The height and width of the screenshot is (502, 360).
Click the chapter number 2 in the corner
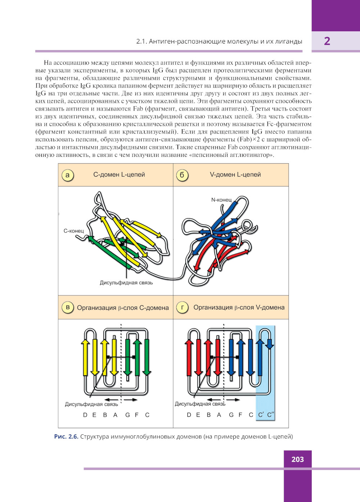click(327, 41)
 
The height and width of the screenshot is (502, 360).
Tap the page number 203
click(297, 459)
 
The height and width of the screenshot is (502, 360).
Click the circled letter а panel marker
click(67, 175)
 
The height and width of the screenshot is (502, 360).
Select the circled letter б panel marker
click(182, 175)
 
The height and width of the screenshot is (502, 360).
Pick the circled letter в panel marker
click(68, 307)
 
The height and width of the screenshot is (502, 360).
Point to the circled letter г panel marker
click(182, 307)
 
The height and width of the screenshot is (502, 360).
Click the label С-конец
click(73, 231)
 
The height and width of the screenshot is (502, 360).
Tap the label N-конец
click(221, 200)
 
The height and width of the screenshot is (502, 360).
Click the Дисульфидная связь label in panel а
click(126, 282)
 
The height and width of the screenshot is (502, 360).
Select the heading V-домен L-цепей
click(235, 175)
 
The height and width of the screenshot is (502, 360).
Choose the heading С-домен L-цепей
click(119, 175)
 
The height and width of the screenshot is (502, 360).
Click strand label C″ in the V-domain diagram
click(270, 415)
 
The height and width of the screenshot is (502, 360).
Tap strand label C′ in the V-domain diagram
click(261, 415)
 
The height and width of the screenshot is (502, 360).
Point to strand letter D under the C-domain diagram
click(85, 415)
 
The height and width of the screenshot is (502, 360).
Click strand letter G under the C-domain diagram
click(127, 415)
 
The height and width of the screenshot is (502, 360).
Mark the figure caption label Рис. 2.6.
click(66, 437)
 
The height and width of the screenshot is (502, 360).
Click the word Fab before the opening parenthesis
click(138, 109)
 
